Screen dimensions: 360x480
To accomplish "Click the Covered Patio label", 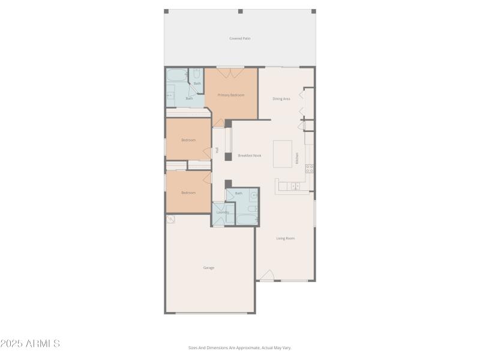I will coord(240,38).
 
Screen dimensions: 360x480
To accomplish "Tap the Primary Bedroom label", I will coord(231,95).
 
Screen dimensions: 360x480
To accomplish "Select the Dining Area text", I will coord(281,98).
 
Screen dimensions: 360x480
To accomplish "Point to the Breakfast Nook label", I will coord(250,155).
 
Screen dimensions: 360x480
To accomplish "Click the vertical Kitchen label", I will coord(296,158).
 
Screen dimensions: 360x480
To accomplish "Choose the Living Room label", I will coord(286,238).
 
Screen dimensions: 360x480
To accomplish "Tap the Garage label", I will coord(209,268).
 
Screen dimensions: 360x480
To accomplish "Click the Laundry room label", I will coord(223,212).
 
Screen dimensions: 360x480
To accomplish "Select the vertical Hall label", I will coord(217,150).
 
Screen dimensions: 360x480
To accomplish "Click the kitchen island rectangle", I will coord(283,154).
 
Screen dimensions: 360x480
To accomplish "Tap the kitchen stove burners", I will coord(310,169).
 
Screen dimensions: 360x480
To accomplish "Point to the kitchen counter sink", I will coord(295,187).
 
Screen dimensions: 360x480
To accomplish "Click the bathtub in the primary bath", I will coord(177,76).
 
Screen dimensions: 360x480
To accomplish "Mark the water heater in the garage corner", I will coord(170,219).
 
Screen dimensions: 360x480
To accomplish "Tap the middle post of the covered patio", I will coord(240,11).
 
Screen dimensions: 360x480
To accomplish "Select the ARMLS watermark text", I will coord(30,344).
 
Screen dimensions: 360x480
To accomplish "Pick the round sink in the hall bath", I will coord(254,196).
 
